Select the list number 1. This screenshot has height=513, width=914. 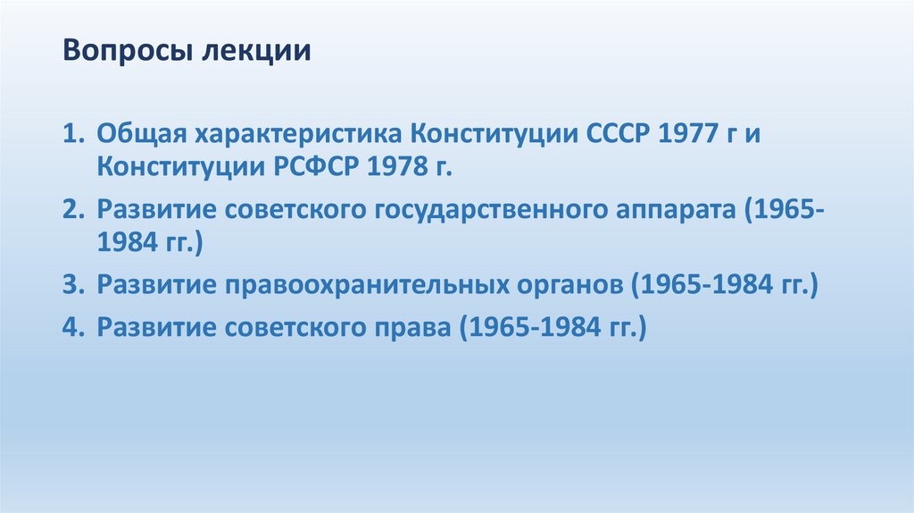tap(72, 135)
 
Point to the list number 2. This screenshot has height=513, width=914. tap(72, 209)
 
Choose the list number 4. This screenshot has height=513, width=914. tap(72, 327)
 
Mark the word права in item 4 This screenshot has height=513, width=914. tap(413, 328)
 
